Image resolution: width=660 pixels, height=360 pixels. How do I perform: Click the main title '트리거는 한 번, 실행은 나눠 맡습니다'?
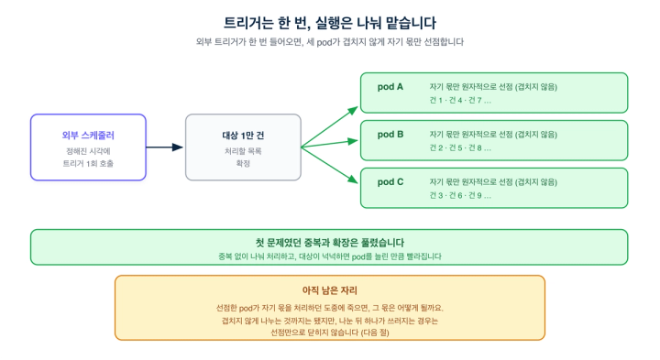[330, 23]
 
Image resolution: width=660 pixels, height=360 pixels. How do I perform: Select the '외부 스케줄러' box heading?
[88, 136]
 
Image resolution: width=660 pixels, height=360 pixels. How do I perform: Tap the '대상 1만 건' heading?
[243, 136]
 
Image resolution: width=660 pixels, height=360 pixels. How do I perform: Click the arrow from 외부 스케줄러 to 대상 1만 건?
[165, 147]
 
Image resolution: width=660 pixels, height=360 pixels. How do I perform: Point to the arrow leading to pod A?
[330, 127]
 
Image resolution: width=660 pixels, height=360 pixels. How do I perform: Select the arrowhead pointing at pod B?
[353, 141]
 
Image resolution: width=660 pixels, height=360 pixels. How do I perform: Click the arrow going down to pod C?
[330, 165]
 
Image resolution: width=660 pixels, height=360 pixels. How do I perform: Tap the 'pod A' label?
[390, 87]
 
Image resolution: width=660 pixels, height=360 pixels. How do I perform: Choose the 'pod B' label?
[390, 135]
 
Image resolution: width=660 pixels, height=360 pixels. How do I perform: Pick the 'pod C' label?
[390, 182]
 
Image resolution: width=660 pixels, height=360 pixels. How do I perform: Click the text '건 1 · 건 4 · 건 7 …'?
[460, 101]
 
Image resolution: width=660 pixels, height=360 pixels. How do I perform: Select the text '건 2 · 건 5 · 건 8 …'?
[460, 148]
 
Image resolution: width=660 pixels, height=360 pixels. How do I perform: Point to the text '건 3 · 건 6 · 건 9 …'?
[460, 195]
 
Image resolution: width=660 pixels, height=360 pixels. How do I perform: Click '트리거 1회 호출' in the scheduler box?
[88, 164]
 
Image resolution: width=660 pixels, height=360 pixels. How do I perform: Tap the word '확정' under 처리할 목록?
[243, 164]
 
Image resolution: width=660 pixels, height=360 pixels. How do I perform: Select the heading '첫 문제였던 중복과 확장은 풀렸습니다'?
[330, 243]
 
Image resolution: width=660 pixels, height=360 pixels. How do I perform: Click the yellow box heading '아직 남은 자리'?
[330, 290]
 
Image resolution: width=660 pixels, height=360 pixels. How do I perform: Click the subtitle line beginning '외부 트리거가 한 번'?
[330, 42]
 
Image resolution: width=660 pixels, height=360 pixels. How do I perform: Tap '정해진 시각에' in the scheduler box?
[88, 151]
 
